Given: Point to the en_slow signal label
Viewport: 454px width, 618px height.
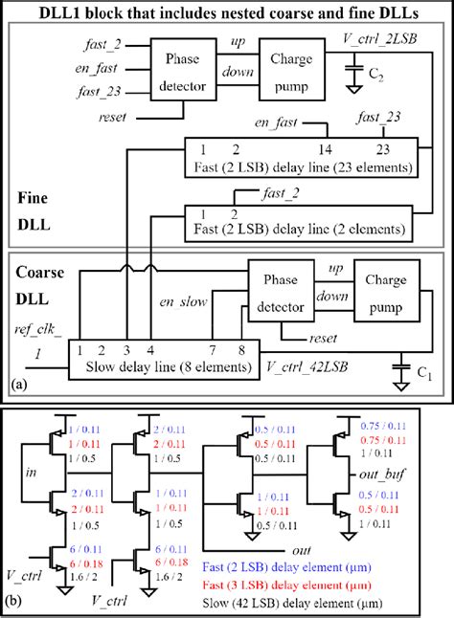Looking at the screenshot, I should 181,303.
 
